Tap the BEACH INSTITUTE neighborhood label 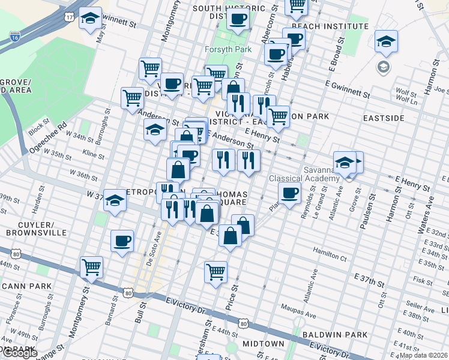tap(330, 26)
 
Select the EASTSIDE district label tap(384, 118)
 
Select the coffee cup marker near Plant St tap(289, 193)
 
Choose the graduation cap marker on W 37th tap(115, 200)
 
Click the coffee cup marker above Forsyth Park tap(238, 19)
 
